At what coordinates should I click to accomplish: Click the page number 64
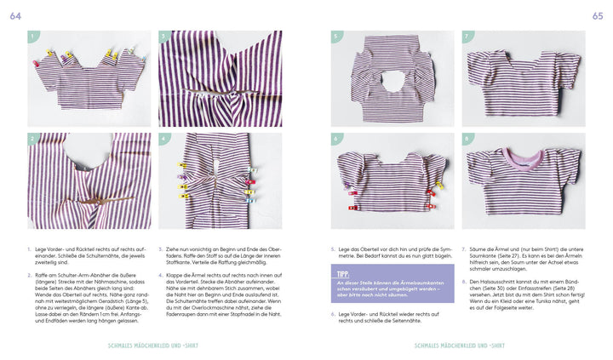point(15,15)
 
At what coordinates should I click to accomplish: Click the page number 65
point(597,15)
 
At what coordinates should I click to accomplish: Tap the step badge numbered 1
point(33,37)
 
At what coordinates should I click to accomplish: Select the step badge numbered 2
point(33,138)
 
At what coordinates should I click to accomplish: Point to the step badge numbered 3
point(164,37)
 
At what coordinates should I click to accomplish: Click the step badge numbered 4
point(164,138)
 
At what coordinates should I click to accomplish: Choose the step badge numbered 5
point(336,37)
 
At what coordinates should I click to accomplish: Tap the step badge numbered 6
point(336,138)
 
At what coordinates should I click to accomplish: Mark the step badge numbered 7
point(467,37)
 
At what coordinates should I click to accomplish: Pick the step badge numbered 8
point(467,138)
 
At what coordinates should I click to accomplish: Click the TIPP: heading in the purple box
point(343,275)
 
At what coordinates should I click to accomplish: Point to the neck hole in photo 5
point(392,83)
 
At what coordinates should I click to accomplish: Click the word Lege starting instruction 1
point(44,249)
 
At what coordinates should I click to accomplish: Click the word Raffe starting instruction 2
point(45,276)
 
